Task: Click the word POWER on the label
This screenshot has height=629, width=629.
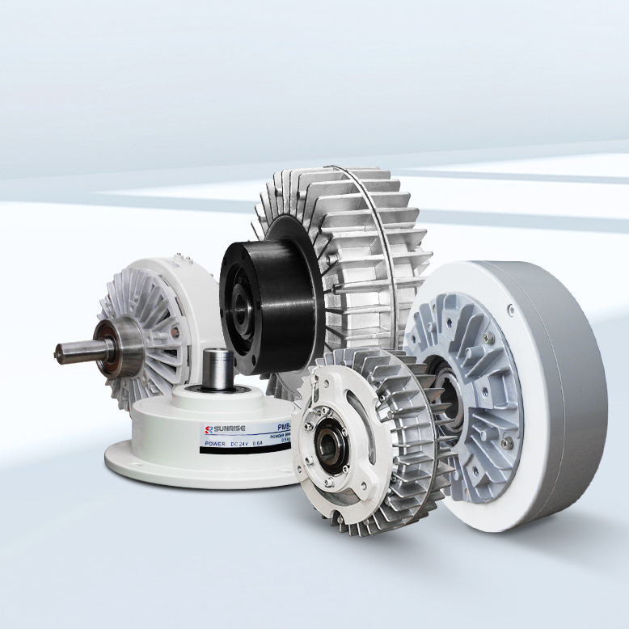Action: point(216,444)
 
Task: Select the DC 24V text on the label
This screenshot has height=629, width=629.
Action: point(249,444)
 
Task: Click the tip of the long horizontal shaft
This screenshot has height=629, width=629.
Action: point(59,352)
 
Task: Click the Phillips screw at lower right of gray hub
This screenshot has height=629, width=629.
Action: point(506,442)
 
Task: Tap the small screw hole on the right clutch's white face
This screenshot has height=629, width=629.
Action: point(510,310)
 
